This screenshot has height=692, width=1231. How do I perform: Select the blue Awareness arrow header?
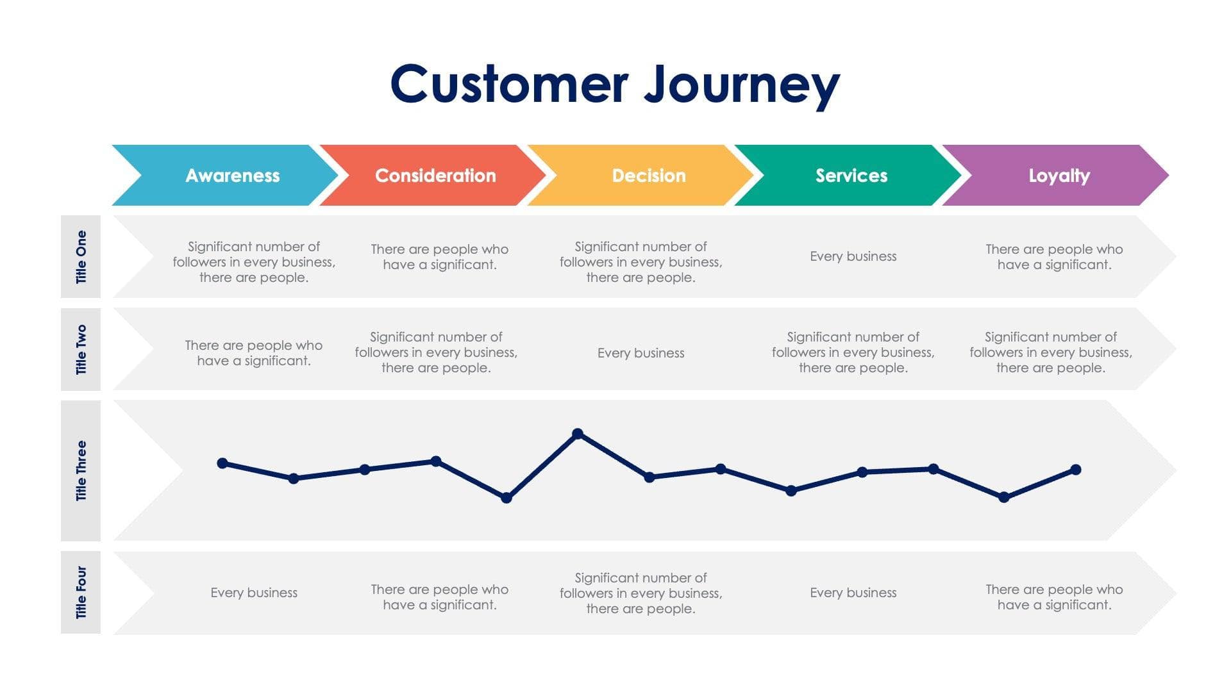coord(232,176)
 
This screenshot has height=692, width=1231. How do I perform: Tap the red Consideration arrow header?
coord(435,176)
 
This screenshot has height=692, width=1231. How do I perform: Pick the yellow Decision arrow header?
coord(648,176)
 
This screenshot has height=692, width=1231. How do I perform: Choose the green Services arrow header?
coord(851,176)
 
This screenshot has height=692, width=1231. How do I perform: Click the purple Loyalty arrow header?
coord(1059,176)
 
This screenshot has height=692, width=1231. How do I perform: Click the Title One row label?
coord(81,257)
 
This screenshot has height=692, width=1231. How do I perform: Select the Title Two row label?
coord(81,349)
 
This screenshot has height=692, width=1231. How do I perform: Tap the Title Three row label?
coord(81,470)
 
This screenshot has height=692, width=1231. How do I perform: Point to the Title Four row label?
coord(81,592)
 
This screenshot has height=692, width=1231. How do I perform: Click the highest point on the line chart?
coord(577,434)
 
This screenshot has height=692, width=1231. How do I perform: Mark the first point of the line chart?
coord(222,463)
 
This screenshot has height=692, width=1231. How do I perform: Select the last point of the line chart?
coord(1076,470)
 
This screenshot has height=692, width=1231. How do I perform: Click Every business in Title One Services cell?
coord(853,256)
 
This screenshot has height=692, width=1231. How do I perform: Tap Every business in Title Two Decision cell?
coord(641,353)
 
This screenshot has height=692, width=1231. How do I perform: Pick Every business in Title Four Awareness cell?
coord(254,593)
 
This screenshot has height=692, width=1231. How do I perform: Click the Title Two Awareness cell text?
coord(254,353)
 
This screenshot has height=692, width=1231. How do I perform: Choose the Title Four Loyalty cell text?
coord(1054,597)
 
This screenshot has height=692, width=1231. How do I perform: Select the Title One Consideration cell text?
coord(440,257)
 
